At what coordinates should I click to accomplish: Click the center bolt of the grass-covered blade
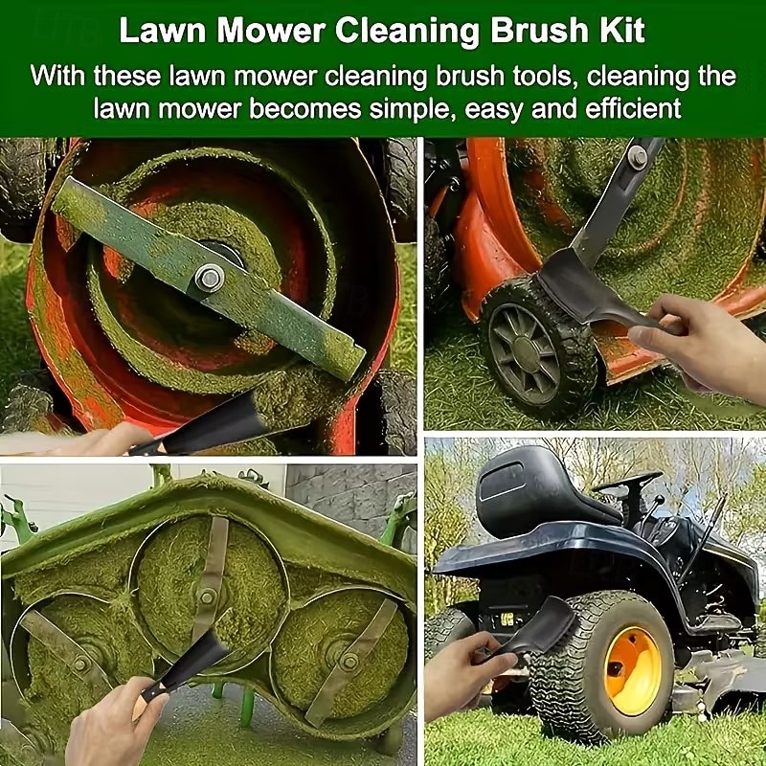click(x=209, y=278)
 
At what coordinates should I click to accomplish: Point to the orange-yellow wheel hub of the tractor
click(x=632, y=670)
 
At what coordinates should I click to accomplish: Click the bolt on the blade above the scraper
click(x=638, y=157)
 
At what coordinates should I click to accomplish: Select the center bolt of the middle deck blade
click(x=207, y=597)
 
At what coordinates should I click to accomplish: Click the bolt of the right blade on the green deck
click(x=349, y=662)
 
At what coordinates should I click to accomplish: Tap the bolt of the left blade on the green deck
click(x=80, y=663)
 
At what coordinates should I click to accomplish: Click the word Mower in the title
click(x=270, y=31)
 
